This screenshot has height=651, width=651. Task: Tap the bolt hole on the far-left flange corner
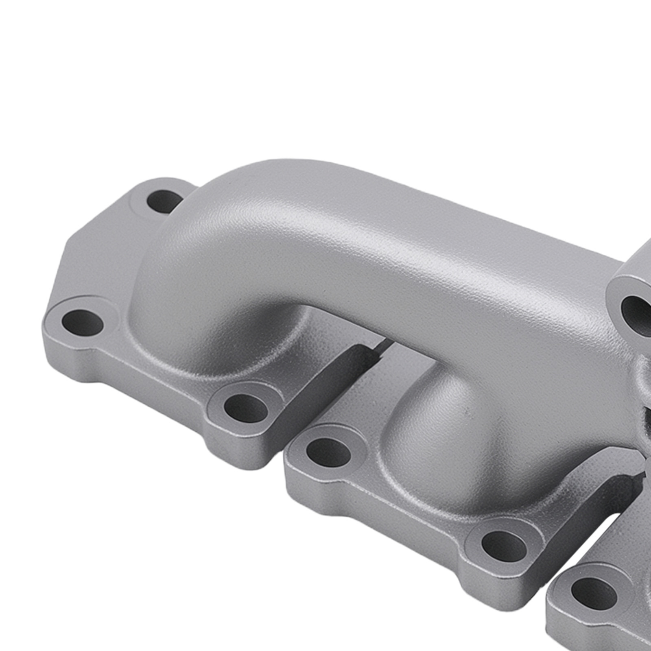click(83, 321)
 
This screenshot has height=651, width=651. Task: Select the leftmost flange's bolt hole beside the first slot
click(246, 408)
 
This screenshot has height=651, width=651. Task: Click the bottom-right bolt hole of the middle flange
click(504, 545)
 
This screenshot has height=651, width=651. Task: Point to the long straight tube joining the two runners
click(407, 260)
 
